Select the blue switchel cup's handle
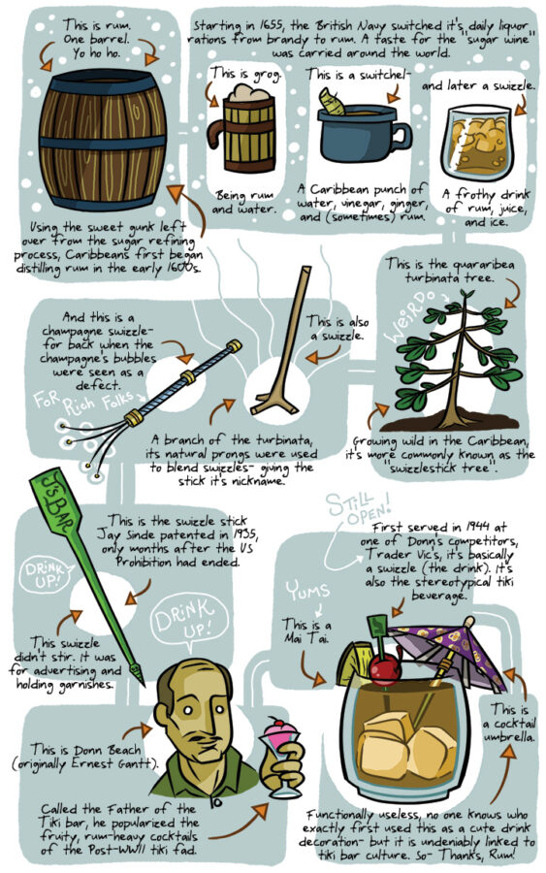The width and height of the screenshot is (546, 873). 401,138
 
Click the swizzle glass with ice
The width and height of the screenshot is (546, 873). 478,142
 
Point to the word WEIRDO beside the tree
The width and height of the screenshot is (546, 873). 410,315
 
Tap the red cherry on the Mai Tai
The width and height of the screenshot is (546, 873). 383,669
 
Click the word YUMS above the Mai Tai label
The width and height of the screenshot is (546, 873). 307,592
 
